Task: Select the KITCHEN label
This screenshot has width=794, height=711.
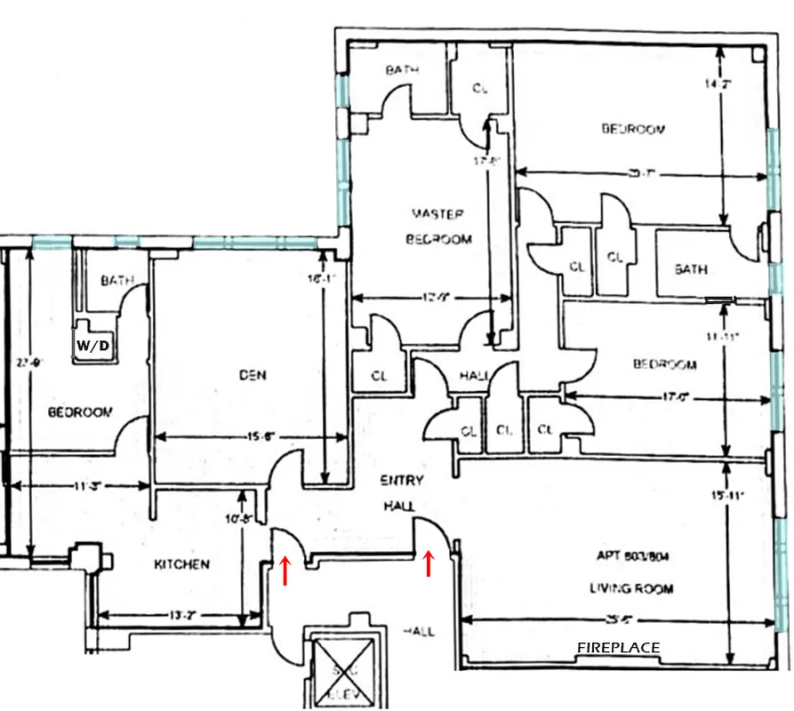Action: pos(181,564)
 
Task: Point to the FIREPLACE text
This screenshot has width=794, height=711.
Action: pos(619,648)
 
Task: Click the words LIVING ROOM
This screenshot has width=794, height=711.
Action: pos(630,588)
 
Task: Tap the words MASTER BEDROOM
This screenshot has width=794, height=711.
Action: pos(438,227)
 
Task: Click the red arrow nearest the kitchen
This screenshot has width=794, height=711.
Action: pos(285,571)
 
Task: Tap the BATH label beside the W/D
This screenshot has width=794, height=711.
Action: pos(116,281)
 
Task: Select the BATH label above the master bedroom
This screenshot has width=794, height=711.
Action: pos(402,70)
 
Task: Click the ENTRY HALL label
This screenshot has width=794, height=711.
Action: pos(402,493)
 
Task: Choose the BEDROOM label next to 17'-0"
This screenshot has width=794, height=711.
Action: pos(664,364)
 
